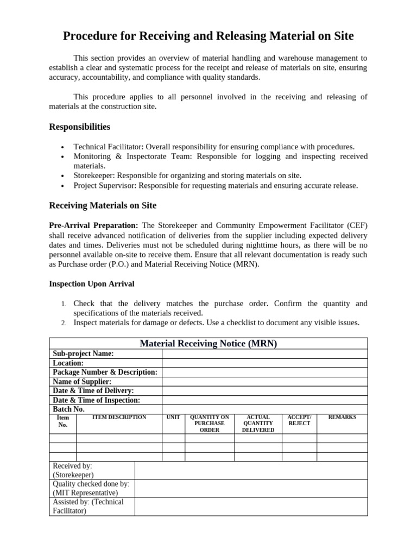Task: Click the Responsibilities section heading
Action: pos(79,127)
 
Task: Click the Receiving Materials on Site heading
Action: pos(103,205)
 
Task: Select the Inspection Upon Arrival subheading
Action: pos(91,283)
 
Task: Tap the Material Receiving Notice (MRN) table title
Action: pos(208,344)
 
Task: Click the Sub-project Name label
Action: pos(83,353)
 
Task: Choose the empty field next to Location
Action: pos(264,363)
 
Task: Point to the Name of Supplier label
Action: pos(82,382)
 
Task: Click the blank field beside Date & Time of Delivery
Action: pos(264,391)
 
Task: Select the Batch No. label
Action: pos(68,409)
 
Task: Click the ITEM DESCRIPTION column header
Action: pos(119,418)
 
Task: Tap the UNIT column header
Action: pos(173,418)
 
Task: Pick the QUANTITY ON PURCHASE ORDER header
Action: pos(209,424)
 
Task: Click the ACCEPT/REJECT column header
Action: pos(299,420)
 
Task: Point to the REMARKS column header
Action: pos(342,418)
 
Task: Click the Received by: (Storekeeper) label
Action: pos(73,470)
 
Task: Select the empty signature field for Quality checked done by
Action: pos(251,488)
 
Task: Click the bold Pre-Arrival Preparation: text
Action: pos(94,225)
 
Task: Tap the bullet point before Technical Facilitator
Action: pos(63,147)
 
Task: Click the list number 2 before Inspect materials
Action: pos(64,323)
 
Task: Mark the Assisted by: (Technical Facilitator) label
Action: pos(88,506)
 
